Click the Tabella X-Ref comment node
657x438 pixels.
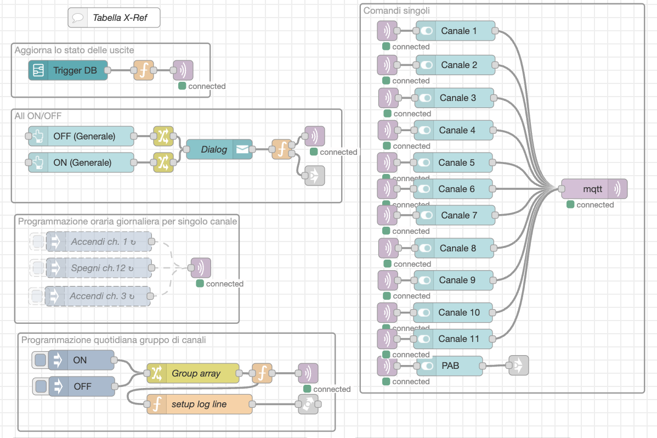tap(115, 18)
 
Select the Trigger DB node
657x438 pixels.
tap(68, 70)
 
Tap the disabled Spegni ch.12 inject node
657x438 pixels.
tap(99, 268)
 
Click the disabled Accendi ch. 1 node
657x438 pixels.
tap(99, 242)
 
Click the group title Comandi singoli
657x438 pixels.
tap(397, 10)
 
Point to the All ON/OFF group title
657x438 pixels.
tap(38, 115)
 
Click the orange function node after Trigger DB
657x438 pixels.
tap(144, 70)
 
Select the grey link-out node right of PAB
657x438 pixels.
tap(518, 365)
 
